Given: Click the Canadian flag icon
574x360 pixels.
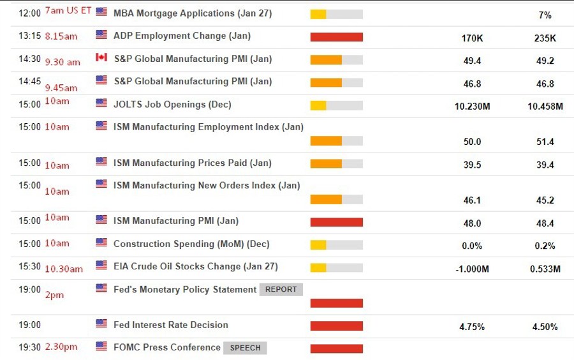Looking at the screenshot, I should (x=101, y=57).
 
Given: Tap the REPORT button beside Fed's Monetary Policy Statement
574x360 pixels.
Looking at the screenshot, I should (x=281, y=289).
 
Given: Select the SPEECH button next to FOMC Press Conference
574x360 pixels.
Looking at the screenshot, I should (x=245, y=348).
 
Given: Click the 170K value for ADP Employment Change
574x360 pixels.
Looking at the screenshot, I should (x=472, y=38).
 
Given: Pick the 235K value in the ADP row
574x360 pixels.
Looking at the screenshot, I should (x=545, y=38).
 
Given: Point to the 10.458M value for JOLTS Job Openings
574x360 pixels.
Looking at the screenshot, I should (x=545, y=107).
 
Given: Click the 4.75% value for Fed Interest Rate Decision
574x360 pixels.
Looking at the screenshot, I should (x=472, y=327).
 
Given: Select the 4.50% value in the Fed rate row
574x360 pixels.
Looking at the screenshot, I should (x=545, y=327).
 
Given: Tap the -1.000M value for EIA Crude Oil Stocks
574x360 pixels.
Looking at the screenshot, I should (x=472, y=269).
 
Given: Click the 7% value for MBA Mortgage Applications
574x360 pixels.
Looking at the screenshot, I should (x=545, y=15).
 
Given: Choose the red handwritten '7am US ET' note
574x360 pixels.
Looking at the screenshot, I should (x=68, y=11).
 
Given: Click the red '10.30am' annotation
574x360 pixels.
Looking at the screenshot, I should (x=64, y=269).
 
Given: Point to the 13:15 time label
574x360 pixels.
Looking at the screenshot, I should (x=29, y=36).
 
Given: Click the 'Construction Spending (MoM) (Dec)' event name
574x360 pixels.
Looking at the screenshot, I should (x=191, y=244).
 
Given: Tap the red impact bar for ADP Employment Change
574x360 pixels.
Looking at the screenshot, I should (x=336, y=37).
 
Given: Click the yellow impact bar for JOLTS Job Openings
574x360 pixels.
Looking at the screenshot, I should (x=318, y=105).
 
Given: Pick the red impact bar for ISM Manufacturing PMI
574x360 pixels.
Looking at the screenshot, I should (x=336, y=222).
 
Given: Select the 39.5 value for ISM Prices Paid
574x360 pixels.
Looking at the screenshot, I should (x=472, y=165).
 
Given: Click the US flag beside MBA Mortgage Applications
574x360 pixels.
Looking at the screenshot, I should (x=101, y=12).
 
